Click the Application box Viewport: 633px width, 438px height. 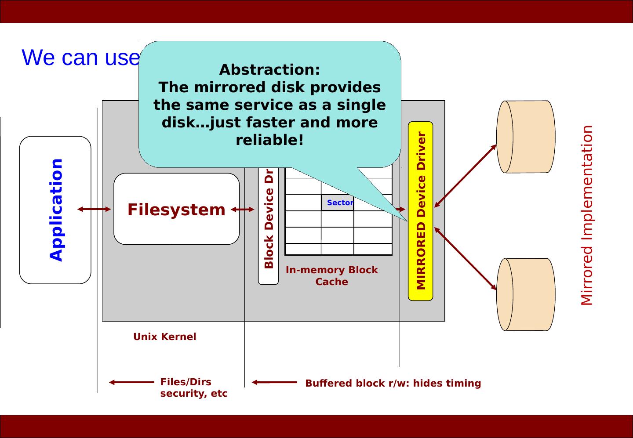55,210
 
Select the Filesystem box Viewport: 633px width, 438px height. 176,209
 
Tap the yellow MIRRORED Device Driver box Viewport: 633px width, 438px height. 421,211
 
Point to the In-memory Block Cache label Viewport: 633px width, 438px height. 332,275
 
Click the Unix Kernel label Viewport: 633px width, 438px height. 164,337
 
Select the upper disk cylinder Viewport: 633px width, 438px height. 526,137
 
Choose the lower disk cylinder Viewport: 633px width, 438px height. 526,294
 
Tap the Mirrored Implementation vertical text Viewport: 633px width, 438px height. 587,215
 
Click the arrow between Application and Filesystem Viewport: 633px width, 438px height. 94,210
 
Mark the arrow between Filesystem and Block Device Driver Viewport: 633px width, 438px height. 243,210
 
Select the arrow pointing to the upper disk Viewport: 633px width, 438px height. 466,175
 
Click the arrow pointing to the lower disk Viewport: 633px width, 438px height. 466,259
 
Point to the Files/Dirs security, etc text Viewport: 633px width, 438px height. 193,387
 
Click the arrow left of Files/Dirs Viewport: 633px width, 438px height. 131,382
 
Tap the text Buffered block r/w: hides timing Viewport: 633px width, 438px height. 393,383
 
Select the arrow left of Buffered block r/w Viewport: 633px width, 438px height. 274,382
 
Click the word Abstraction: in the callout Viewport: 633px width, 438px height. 269,70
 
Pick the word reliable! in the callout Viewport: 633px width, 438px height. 269,140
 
